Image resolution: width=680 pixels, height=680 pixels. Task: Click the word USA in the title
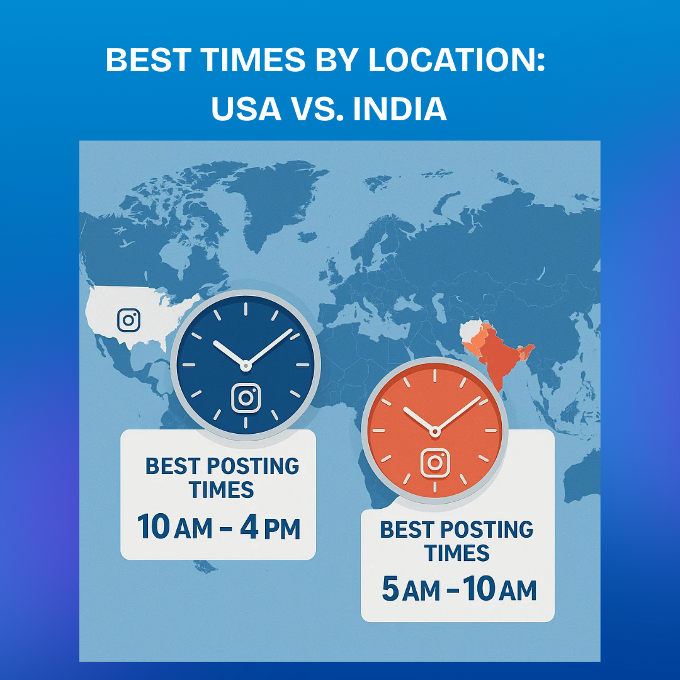246,108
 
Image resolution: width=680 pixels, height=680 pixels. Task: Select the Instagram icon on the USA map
128,320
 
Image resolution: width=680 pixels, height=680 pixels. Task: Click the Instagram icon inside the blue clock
246,398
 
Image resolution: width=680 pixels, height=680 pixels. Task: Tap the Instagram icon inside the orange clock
434,462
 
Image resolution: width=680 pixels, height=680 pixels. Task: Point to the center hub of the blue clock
246,365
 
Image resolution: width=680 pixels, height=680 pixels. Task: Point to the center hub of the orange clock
434,431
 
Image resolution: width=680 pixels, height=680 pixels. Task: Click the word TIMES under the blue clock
222,490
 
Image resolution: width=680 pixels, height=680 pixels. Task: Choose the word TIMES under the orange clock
456,553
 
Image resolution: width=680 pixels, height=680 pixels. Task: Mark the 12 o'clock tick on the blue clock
246,309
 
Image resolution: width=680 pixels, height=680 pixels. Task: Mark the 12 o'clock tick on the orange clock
434,377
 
